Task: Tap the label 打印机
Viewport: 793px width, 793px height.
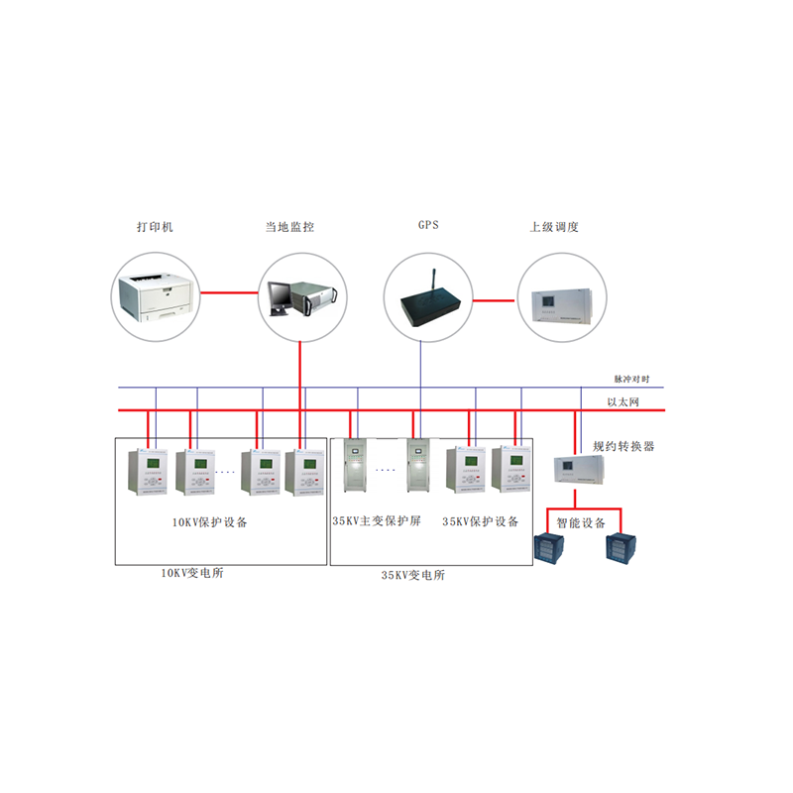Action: pos(155,227)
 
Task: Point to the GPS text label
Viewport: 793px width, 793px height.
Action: pos(428,225)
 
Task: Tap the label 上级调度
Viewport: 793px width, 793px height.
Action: pos(554,227)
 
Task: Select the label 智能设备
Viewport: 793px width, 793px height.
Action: pos(580,522)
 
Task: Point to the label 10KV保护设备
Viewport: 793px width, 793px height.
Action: pos(210,522)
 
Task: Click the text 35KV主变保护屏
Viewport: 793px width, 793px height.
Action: pos(376,521)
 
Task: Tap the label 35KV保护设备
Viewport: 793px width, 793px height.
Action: pos(480,521)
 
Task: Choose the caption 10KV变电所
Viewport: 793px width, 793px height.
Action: pos(192,573)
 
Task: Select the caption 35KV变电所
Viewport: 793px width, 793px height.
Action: pos(413,575)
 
